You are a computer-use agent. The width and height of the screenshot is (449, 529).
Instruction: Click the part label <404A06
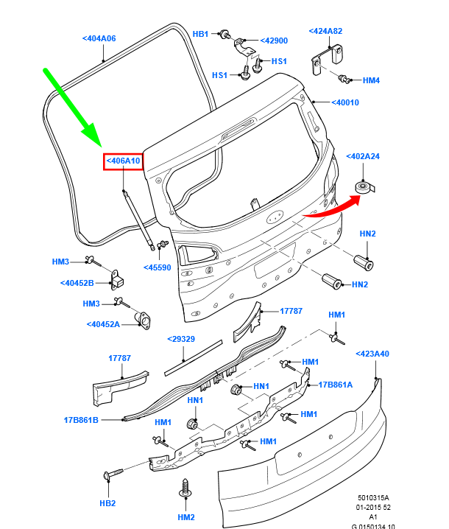point(99,38)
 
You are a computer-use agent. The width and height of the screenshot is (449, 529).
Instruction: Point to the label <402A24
point(363,156)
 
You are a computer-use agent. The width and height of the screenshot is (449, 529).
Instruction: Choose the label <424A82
point(328,32)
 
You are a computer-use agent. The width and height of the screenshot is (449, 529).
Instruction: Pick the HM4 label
point(371,80)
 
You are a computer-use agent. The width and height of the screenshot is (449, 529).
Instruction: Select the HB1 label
point(201,34)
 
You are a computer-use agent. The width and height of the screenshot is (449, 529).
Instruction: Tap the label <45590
point(157,267)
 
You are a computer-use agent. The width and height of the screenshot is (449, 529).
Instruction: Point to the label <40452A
point(102,323)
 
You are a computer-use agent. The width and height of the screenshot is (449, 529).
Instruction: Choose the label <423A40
point(372,354)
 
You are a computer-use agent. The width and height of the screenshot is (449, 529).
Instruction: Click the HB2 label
point(107,503)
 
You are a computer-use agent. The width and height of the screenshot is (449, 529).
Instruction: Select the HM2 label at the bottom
point(186,517)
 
